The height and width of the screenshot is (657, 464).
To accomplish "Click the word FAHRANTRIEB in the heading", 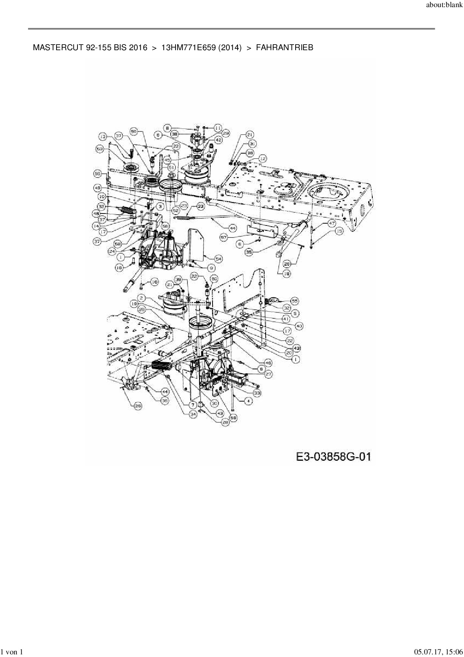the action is point(284,48).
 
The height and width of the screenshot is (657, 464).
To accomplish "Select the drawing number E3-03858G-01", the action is point(333,457).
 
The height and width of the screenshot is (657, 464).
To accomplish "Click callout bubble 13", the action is point(103,136).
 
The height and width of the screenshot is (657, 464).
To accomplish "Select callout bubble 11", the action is point(218,127).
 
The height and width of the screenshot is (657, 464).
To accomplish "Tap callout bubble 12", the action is point(262,159).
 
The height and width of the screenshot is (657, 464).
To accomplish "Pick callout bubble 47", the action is point(332,223).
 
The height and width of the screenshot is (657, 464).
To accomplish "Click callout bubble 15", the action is point(339,231).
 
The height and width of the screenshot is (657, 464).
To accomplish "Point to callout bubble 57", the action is point(224,237).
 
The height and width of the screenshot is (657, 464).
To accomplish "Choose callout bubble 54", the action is point(219,258).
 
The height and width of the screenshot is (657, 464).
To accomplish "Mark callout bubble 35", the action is point(249,252).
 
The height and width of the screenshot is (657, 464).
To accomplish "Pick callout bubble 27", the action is point(268,374).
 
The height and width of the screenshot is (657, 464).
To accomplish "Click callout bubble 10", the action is point(102,196).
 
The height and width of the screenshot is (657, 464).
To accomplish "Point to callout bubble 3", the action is point(160,206).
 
